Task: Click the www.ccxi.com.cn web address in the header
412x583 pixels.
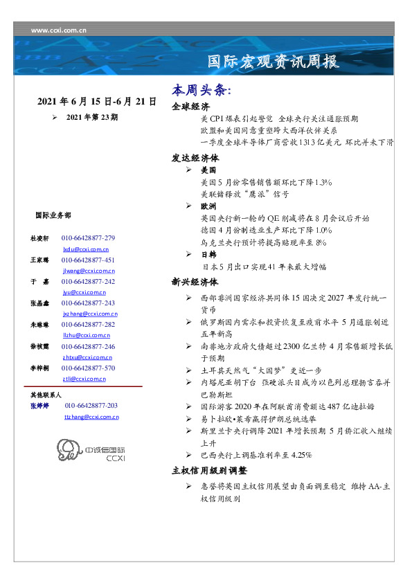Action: click(59, 30)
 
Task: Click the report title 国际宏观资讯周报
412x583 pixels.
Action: click(274, 62)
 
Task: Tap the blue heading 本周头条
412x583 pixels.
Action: click(201, 91)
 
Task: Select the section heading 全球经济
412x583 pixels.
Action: click(190, 107)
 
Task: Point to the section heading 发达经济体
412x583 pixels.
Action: click(195, 157)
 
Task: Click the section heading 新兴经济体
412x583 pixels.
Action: click(195, 282)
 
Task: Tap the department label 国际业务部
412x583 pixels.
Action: click(53, 215)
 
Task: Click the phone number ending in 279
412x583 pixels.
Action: click(88, 238)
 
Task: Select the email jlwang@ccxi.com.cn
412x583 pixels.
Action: click(88, 271)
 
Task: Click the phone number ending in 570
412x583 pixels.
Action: click(88, 368)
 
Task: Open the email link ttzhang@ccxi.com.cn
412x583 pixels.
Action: click(91, 417)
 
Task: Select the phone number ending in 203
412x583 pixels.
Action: click(91, 406)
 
